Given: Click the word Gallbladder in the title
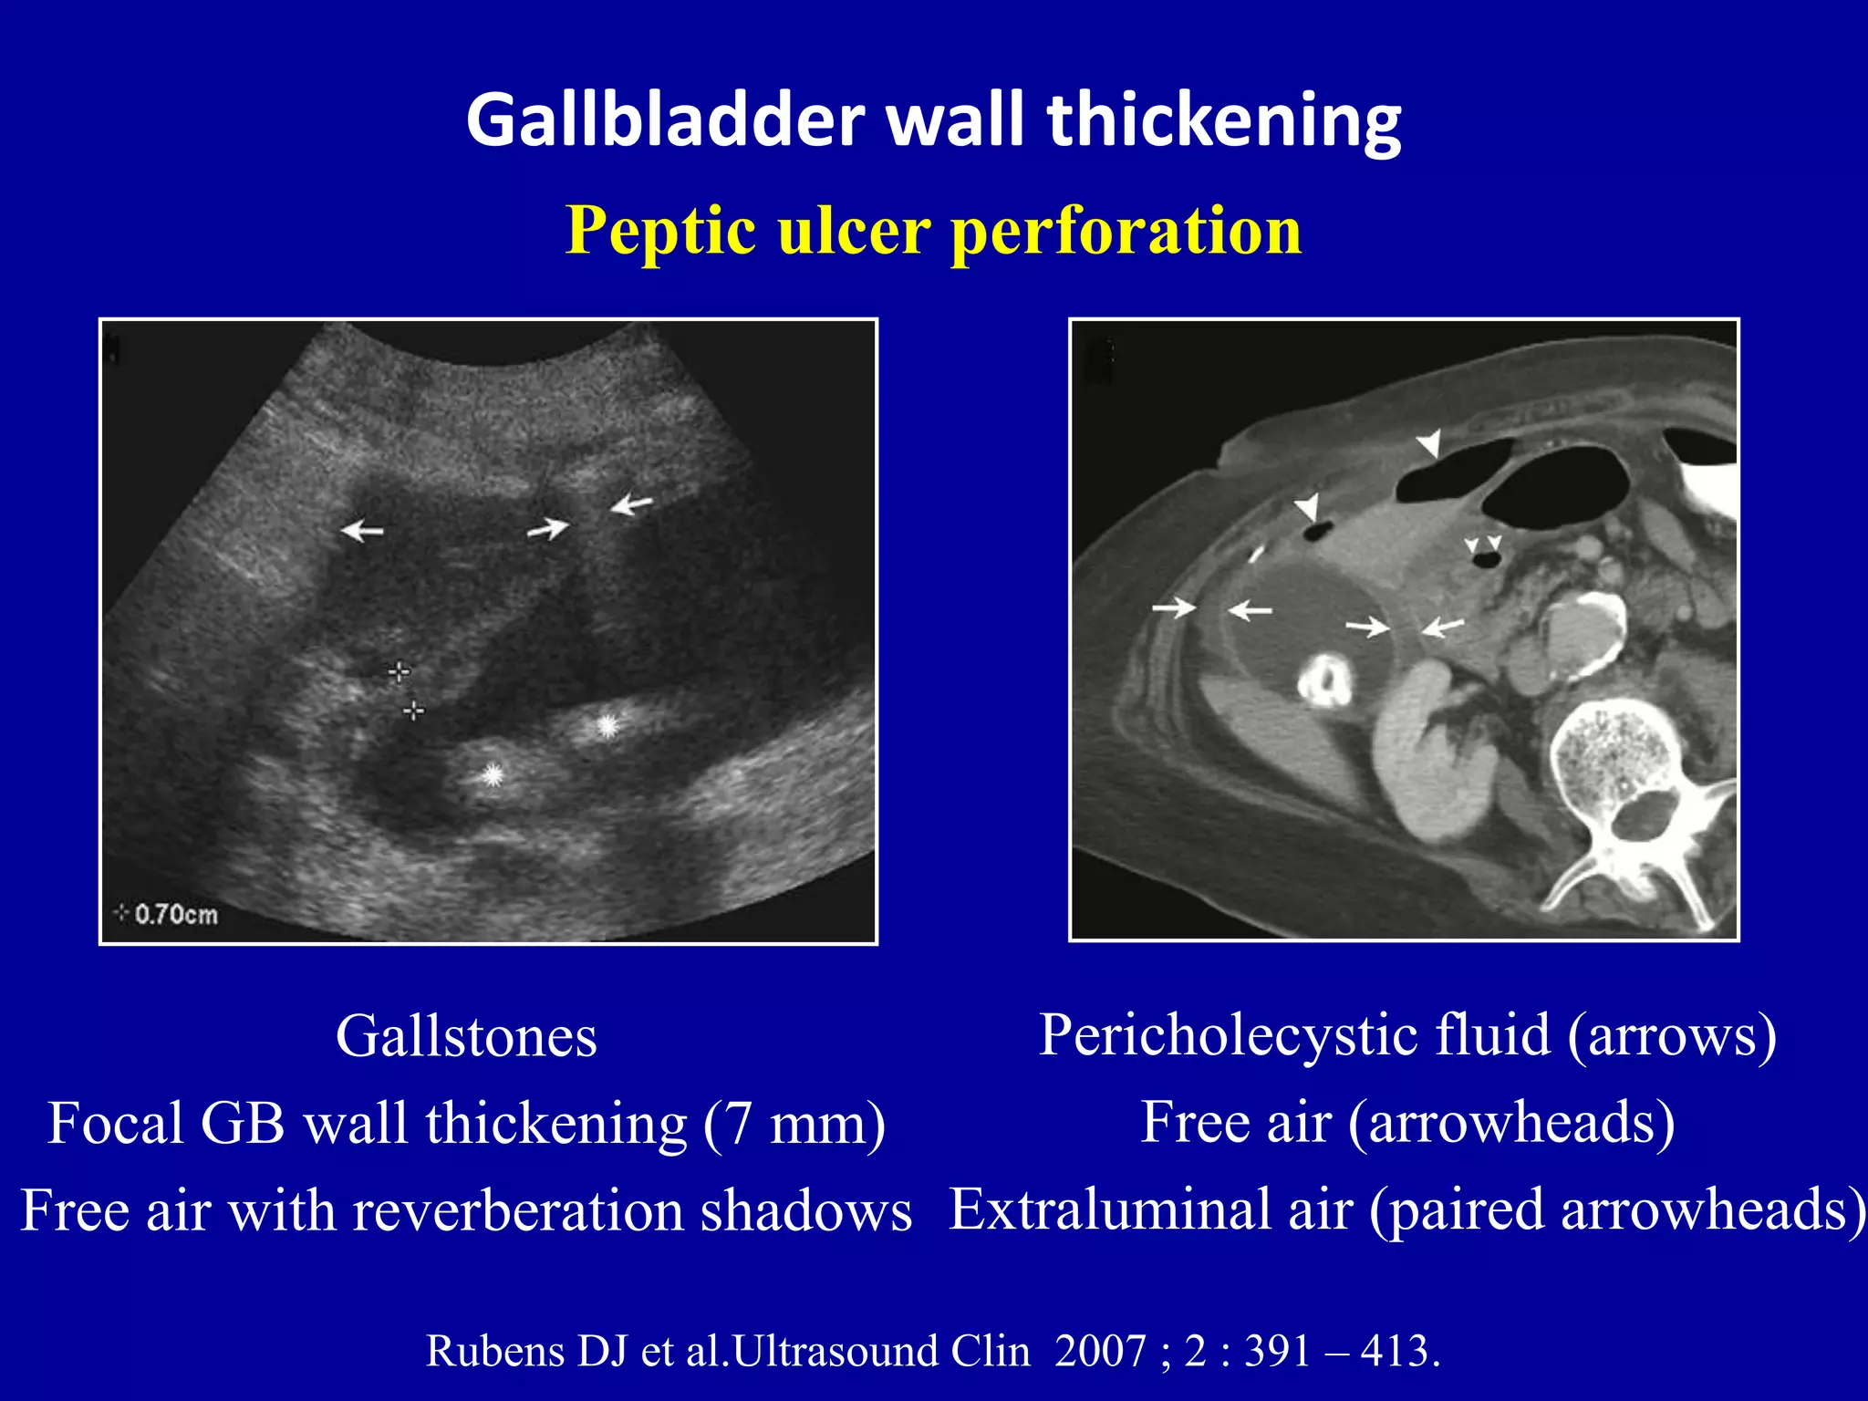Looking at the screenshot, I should [x=665, y=120].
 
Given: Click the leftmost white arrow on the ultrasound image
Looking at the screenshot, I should [x=362, y=529].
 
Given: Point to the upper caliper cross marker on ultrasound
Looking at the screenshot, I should [x=399, y=672].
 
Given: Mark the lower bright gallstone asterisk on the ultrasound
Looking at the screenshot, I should [x=493, y=775].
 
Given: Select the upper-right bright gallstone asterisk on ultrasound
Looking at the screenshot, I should [x=607, y=726].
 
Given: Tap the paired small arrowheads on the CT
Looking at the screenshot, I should [x=1483, y=545].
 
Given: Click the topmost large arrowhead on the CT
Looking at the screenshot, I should [x=1429, y=442].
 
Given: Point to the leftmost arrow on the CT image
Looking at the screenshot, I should [x=1174, y=607].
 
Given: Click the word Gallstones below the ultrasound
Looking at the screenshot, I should [x=466, y=1037].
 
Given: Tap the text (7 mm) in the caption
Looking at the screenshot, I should [x=794, y=1123].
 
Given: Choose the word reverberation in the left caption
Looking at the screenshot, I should [x=518, y=1210].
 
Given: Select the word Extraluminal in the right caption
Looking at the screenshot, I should [x=1151, y=1209].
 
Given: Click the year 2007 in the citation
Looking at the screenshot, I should [x=1100, y=1351].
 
